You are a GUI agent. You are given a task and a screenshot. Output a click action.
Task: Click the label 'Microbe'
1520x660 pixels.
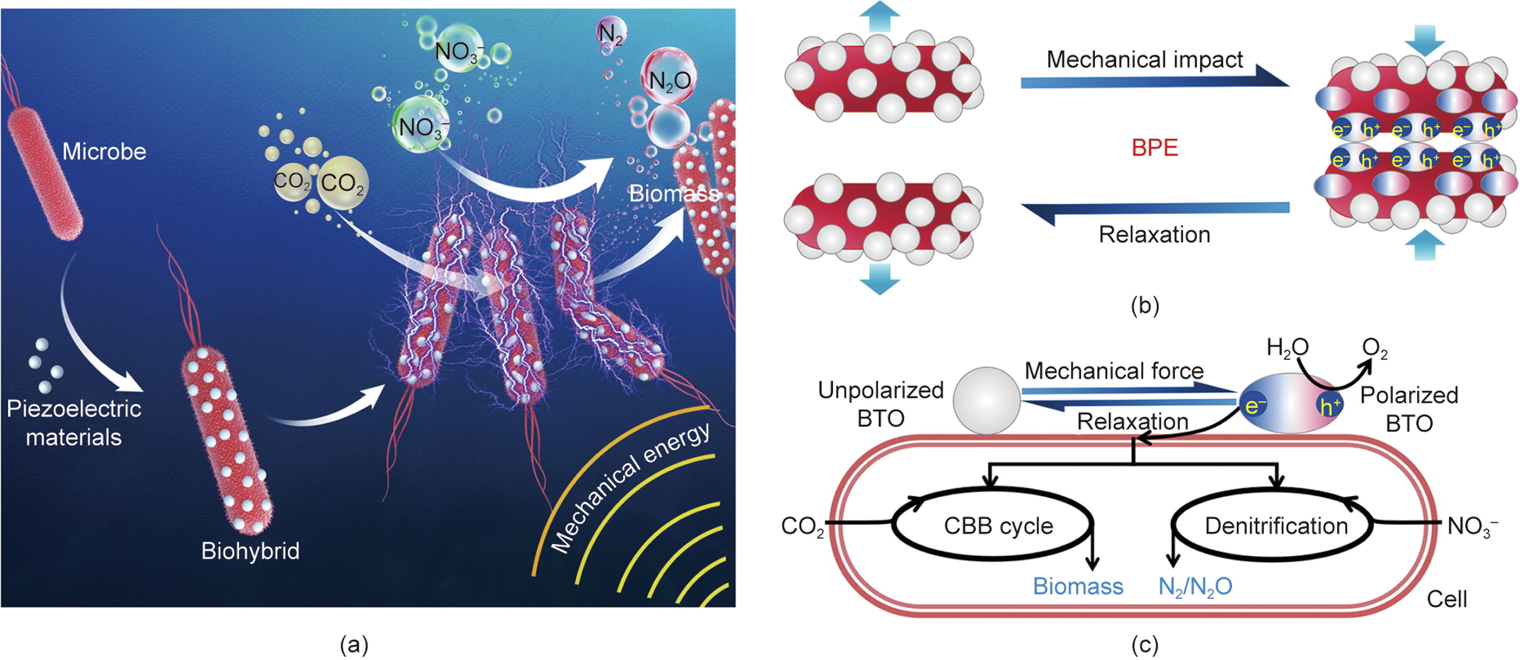[x=104, y=152]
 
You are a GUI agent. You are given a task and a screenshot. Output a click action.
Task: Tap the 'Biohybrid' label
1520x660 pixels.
[x=250, y=551]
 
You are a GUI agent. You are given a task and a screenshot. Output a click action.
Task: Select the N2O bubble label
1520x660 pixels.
[x=669, y=80]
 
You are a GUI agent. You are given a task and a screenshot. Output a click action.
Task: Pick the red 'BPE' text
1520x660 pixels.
[x=1154, y=147]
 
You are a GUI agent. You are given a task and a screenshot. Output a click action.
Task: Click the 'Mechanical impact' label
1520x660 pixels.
[x=1145, y=60]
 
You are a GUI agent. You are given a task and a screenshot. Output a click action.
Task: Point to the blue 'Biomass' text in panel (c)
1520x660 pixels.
[x=1077, y=586]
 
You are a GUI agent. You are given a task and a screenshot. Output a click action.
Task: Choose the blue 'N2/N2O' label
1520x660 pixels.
[x=1195, y=587]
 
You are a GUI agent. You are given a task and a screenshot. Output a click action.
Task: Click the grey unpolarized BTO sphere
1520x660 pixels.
[x=986, y=400]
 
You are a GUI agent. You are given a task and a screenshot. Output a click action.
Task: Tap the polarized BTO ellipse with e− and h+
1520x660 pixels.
[x=1291, y=404]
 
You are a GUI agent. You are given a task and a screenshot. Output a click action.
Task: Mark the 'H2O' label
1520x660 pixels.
[x=1287, y=348]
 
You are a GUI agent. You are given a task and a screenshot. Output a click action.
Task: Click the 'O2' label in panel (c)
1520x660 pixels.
[x=1375, y=350]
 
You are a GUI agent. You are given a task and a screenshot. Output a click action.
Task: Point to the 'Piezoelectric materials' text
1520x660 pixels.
[x=74, y=423]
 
